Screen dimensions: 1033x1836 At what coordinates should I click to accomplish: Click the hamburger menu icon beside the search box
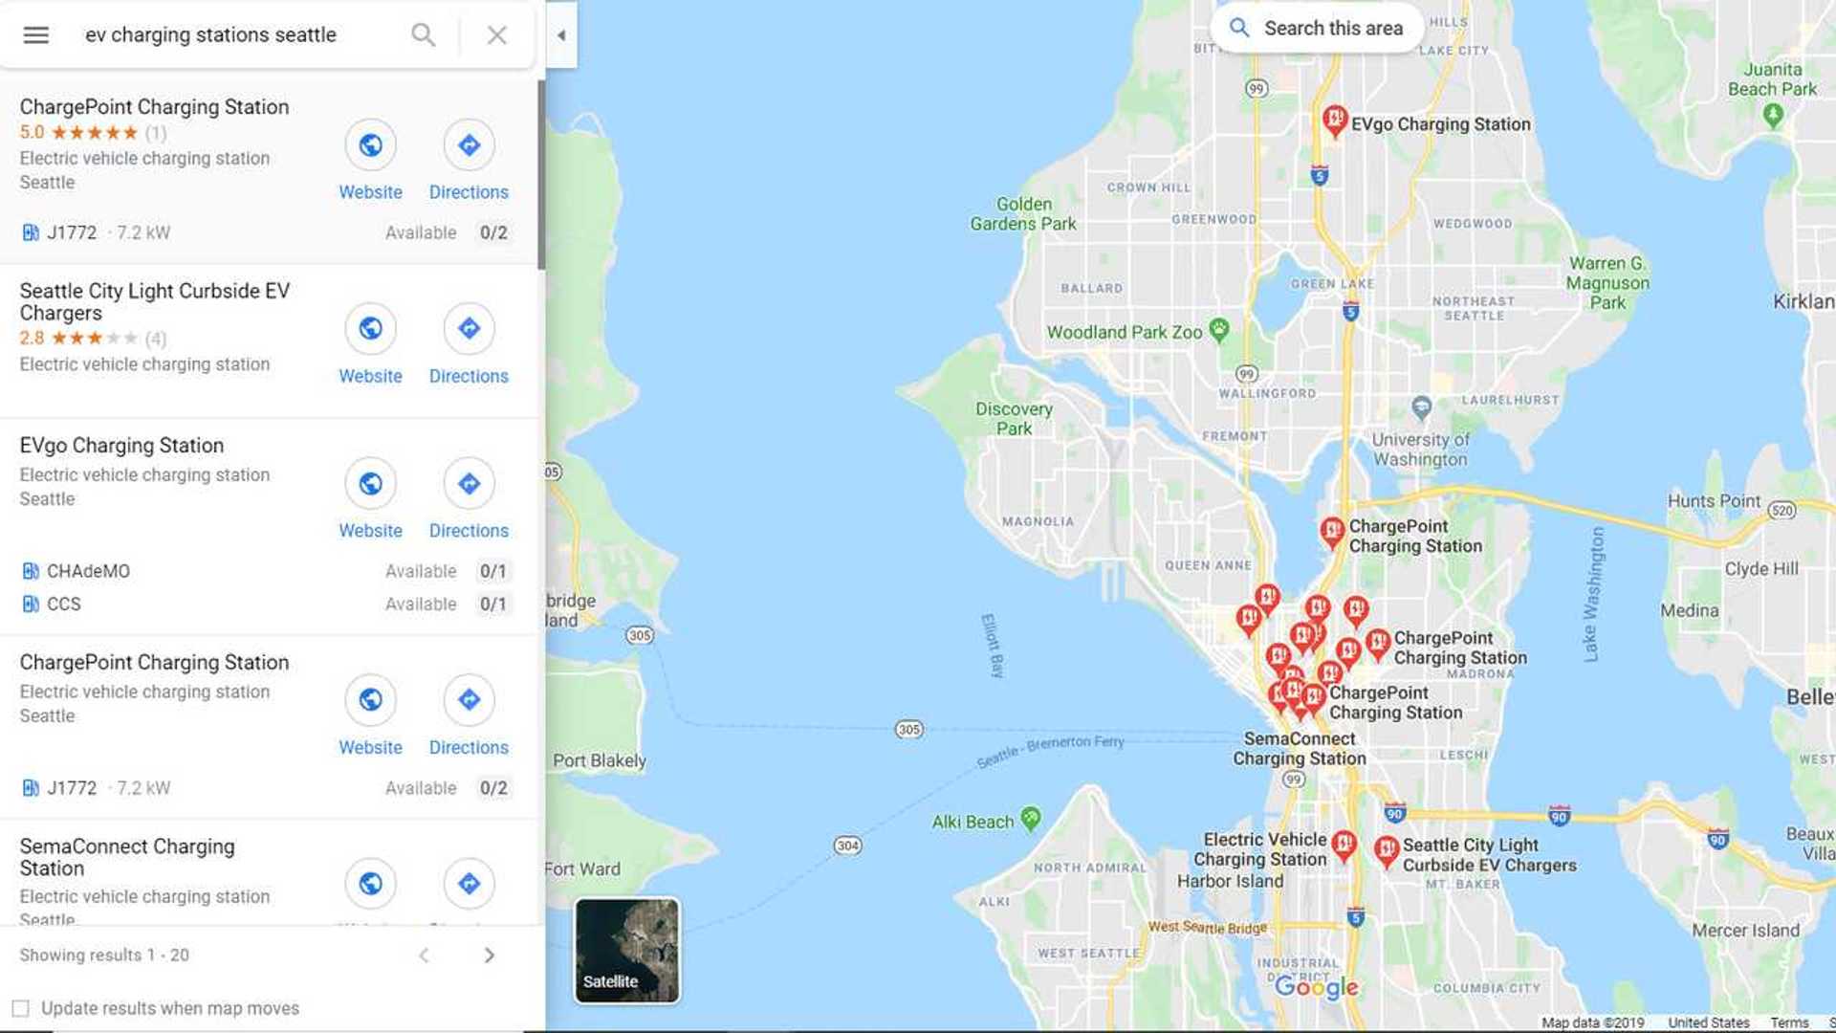[36, 35]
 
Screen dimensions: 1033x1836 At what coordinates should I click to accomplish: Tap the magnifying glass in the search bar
[423, 35]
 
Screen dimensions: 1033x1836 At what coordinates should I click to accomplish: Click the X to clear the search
[496, 35]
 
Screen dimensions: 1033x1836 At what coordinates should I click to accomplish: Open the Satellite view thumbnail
[626, 950]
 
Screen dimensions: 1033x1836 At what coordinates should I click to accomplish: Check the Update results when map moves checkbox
[20, 1008]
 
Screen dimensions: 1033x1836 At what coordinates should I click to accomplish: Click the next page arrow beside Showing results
[489, 956]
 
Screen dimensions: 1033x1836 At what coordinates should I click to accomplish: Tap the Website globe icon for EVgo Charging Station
[370, 484]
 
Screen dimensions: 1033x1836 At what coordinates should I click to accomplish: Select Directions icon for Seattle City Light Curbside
[469, 329]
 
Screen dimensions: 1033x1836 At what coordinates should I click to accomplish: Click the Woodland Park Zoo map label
[1125, 333]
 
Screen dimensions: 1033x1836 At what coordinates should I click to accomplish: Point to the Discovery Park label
[1014, 419]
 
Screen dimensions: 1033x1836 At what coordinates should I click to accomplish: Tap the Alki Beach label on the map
[973, 822]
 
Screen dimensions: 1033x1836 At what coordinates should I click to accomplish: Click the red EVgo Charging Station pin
[1335, 121]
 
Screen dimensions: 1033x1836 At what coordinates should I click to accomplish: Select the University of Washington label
[1420, 450]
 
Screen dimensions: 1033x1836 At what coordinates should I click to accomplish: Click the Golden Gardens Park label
[1023, 214]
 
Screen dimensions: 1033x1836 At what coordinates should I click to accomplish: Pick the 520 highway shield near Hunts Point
[1781, 511]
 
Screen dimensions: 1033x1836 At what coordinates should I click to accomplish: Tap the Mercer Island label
[1745, 931]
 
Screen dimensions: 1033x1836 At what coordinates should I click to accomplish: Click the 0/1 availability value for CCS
[492, 604]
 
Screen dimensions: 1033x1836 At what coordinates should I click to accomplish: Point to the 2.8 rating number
[32, 339]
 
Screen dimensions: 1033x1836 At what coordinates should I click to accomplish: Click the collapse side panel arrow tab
[561, 35]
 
